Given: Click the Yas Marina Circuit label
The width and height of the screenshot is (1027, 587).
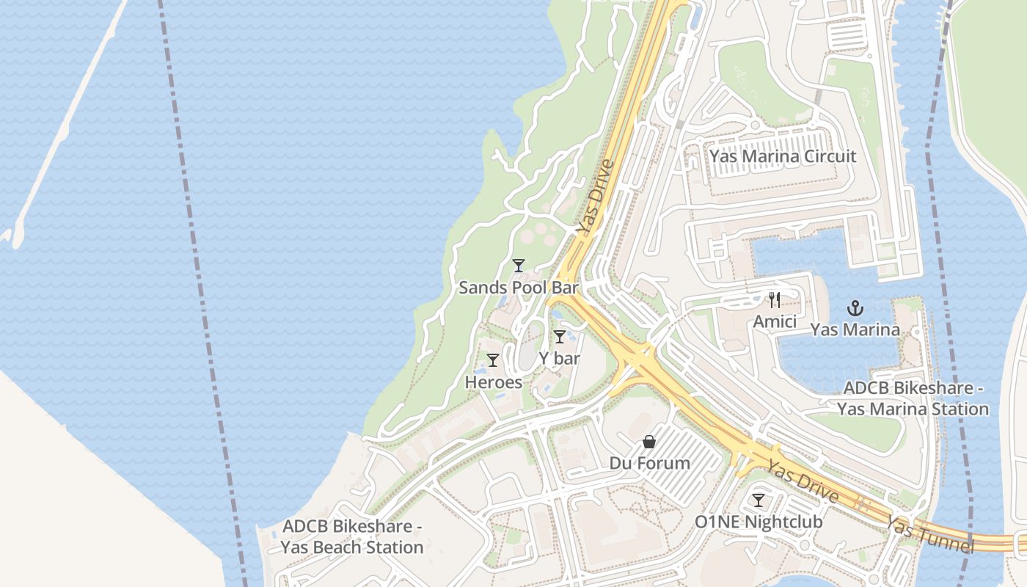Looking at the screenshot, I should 783,156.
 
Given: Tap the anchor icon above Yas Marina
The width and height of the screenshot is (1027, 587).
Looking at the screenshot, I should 855,307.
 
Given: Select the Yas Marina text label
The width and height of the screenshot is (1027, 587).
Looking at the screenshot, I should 855,329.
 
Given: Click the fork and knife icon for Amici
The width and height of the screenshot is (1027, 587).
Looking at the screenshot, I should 775,299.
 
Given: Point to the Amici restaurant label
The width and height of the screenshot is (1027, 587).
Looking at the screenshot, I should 775,321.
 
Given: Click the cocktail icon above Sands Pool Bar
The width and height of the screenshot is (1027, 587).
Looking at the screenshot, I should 519,266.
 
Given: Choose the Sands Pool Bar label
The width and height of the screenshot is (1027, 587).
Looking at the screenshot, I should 519,288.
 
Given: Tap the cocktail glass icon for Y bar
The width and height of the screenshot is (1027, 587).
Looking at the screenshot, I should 560,337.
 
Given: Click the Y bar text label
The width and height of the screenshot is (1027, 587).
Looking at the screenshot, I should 560,359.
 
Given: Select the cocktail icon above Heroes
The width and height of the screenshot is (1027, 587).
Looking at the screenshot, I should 493,360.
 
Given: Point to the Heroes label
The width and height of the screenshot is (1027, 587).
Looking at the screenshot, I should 494,382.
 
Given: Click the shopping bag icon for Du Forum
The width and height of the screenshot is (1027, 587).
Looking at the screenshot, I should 649,442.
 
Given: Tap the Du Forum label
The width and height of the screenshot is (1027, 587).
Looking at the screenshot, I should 650,464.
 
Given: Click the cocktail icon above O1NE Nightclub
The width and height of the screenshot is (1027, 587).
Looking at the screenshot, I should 759,500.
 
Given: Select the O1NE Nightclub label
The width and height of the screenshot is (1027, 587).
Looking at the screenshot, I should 759,522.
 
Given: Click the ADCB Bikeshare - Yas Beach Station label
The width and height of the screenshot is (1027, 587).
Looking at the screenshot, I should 352,537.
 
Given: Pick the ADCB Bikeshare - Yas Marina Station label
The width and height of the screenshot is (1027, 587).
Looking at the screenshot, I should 913,398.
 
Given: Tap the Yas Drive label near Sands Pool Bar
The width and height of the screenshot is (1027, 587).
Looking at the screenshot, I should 594,197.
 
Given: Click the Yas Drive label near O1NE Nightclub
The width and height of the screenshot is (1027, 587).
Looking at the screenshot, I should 803,482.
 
